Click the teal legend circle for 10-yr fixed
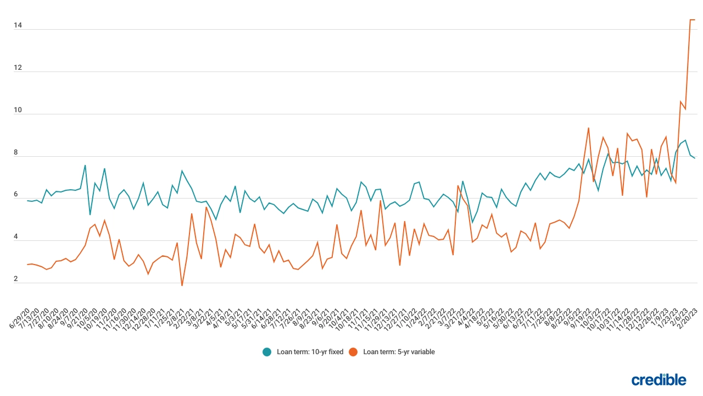(267, 352)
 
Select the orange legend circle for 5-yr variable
(354, 352)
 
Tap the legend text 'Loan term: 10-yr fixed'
(310, 352)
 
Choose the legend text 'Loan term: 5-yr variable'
(399, 352)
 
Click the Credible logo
(659, 380)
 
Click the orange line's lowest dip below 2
(182, 285)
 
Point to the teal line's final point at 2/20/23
(695, 158)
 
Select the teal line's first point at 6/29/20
(27, 201)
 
